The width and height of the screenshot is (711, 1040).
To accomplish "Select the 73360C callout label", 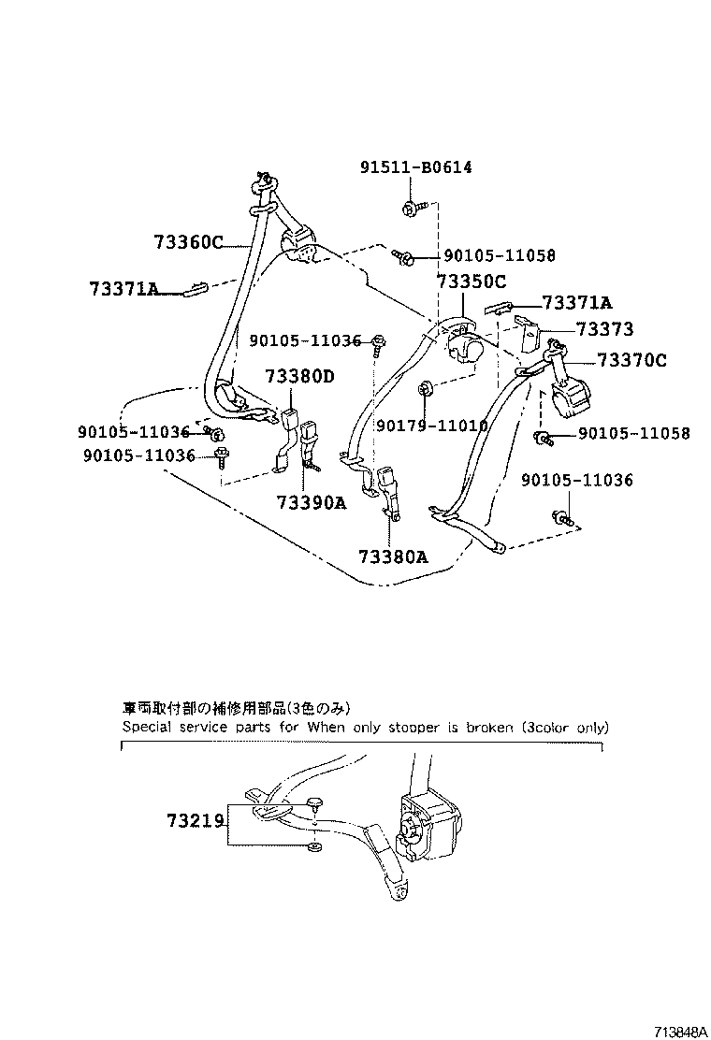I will pos(188,243).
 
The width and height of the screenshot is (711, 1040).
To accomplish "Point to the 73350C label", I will pos(471,282).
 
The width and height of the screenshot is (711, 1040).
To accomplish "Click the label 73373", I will pos(604,329).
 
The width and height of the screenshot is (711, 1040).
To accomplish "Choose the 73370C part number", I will pos(631,360).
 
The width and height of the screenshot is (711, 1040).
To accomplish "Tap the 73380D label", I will pos(299,377).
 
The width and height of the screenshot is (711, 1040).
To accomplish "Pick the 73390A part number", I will pos(312,503).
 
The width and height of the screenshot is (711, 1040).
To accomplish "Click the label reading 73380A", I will pos(393,556).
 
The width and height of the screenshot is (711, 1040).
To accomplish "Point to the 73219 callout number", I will pos(195,821).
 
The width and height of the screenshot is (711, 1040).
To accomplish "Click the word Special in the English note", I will pos(146,727).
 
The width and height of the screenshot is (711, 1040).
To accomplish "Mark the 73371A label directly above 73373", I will pos(577,302).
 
